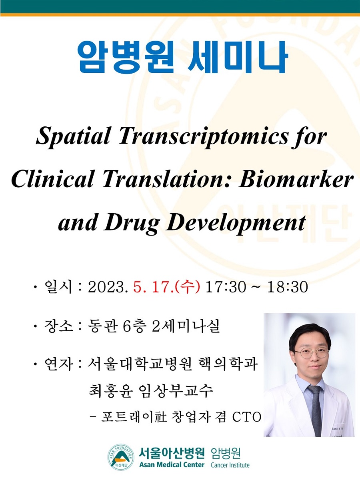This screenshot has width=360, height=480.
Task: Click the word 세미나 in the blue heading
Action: pyautogui.click(x=237, y=57)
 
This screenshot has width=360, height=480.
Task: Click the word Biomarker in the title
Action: pyautogui.click(x=296, y=180)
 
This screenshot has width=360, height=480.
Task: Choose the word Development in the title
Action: pyautogui.click(x=236, y=224)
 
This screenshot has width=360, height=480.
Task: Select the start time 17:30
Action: pyautogui.click(x=225, y=287)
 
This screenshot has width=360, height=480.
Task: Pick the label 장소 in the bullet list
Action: pyautogui.click(x=58, y=326)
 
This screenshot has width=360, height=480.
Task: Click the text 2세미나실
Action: pyautogui.click(x=185, y=326)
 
